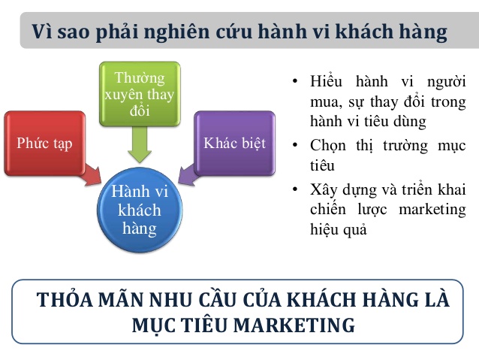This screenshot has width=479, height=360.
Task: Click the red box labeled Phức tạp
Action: click(44, 143)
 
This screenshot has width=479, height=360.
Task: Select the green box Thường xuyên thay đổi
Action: click(140, 94)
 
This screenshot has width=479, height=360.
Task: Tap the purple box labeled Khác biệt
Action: click(234, 143)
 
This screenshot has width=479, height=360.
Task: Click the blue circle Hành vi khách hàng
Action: click(140, 210)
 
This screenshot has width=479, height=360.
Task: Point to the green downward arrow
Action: click(140, 144)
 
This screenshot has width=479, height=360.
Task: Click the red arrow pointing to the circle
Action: click(92, 175)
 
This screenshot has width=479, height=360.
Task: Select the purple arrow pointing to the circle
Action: click(187, 175)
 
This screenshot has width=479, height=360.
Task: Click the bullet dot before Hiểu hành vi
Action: click(295, 82)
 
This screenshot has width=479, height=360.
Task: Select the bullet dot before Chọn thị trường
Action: click(295, 144)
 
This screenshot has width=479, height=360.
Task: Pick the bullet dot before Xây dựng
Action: click(295, 189)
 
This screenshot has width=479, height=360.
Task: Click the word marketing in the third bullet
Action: click(432, 210)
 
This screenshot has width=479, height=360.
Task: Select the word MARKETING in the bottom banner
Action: click(294, 325)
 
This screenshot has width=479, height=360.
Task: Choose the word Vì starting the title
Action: click(42, 32)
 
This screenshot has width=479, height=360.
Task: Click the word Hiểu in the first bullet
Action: click(326, 82)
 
